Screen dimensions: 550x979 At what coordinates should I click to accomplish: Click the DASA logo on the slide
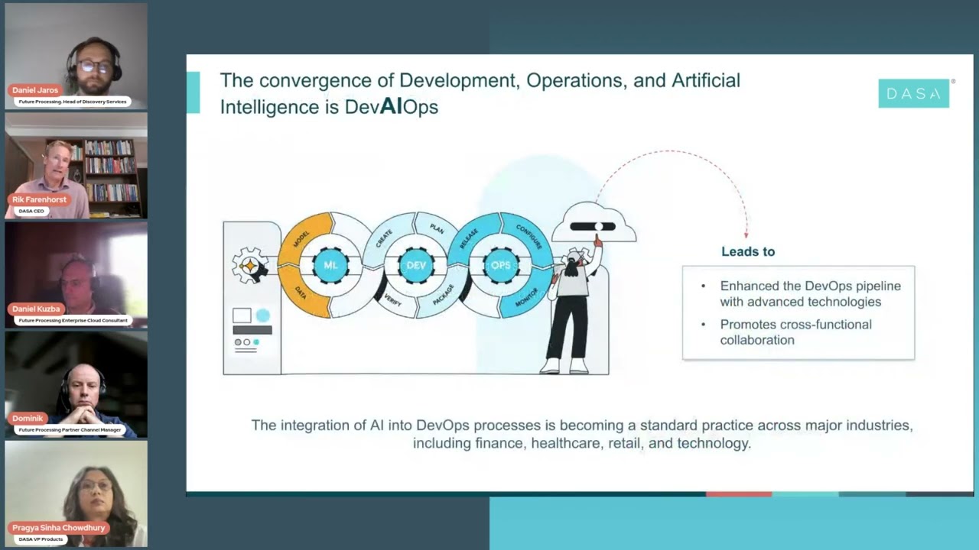tap(913, 93)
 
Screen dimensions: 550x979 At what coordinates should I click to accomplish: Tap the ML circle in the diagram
tap(330, 265)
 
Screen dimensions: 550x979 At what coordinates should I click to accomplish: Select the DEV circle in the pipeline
tap(416, 265)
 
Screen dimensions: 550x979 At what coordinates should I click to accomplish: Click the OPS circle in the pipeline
tap(500, 265)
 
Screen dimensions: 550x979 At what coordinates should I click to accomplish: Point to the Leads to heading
tap(747, 251)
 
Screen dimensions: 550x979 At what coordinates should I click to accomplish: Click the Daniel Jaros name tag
tap(35, 90)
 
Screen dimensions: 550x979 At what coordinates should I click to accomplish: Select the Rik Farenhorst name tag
tap(40, 199)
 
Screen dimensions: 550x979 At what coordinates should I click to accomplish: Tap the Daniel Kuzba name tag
tap(36, 309)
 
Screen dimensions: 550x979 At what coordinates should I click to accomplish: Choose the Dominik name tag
tap(28, 419)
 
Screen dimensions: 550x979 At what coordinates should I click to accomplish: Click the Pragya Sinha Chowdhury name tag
tap(59, 528)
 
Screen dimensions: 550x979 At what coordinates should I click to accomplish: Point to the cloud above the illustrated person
tap(594, 223)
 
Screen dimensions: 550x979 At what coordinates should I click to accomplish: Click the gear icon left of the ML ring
tap(249, 265)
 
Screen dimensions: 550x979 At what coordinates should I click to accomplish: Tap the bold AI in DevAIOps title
tap(391, 105)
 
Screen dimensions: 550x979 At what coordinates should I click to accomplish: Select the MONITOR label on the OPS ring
tap(526, 297)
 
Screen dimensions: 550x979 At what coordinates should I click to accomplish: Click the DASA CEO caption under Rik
tap(31, 211)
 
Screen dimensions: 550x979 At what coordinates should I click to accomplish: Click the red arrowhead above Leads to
tap(746, 235)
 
